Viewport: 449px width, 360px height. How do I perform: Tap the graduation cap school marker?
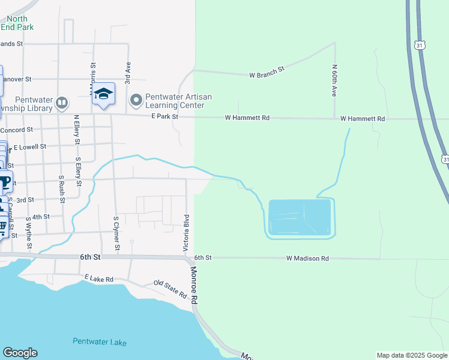tap(104, 94)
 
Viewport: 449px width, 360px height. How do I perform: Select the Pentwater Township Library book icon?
tap(61, 103)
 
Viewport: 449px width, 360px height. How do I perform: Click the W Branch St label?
tap(267, 75)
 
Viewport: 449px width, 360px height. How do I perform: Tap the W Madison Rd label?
tap(307, 259)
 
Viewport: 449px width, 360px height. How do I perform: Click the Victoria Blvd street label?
tap(186, 232)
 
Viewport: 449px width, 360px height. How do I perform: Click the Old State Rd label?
tap(170, 289)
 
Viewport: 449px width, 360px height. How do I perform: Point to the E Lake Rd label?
tap(99, 278)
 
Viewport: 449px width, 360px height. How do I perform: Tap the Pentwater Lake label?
tap(100, 342)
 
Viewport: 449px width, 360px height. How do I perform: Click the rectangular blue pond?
tap(300, 217)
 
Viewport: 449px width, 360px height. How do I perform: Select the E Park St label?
tap(165, 116)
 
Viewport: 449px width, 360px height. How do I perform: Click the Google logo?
tap(20, 353)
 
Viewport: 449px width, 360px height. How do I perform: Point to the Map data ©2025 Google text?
tap(411, 355)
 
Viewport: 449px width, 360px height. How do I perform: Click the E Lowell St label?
tap(30, 146)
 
